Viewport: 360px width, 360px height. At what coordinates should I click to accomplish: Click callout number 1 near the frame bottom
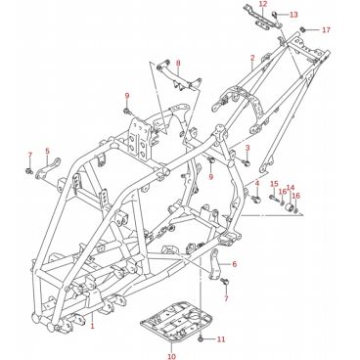coord(92,326)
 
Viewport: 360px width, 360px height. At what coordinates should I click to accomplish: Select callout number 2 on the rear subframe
coord(252,59)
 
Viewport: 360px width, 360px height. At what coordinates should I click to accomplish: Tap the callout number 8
coord(178,64)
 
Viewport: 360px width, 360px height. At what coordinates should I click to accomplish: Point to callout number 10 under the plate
coord(172,356)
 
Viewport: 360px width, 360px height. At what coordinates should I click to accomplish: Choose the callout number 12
coord(263,4)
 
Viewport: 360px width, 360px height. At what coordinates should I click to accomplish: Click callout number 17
coord(326,30)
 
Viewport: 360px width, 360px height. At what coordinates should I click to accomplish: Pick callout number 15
coord(274,184)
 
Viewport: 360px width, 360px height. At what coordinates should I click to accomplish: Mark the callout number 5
coord(48,151)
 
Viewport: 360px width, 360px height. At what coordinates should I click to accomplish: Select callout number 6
coord(234,264)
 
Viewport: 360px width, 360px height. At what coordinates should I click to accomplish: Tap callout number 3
coord(247,149)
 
